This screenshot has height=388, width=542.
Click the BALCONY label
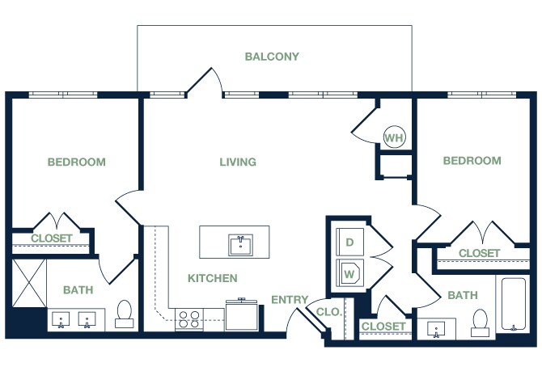[x=272, y=57]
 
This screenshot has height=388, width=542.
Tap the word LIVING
[x=238, y=162]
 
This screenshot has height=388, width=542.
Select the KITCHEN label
[x=213, y=278]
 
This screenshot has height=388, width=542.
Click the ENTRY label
[x=290, y=300]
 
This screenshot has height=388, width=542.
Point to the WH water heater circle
[x=394, y=137]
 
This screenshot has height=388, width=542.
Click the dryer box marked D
[x=350, y=242]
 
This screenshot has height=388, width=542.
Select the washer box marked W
[x=350, y=272]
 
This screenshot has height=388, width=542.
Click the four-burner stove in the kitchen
[x=188, y=318]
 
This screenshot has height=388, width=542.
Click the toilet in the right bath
[x=481, y=321]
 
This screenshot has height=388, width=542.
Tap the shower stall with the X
[x=28, y=284]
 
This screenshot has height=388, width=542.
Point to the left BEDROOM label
[x=76, y=162]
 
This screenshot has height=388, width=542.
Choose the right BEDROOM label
[x=472, y=161]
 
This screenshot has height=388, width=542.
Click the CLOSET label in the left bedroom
[x=52, y=238]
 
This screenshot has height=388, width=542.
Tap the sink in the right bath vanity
[x=437, y=330]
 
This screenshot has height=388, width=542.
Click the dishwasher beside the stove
[x=243, y=315]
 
